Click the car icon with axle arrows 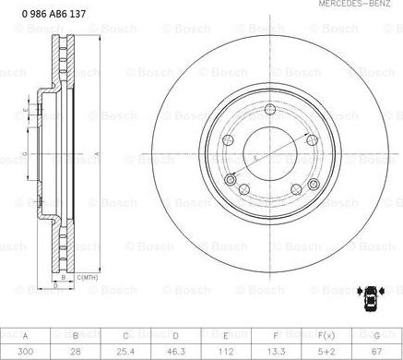pyautogui.click(x=369, y=296)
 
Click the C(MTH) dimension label pyautogui.click(x=89, y=277)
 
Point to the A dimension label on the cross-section pyautogui.click(x=98, y=152)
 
